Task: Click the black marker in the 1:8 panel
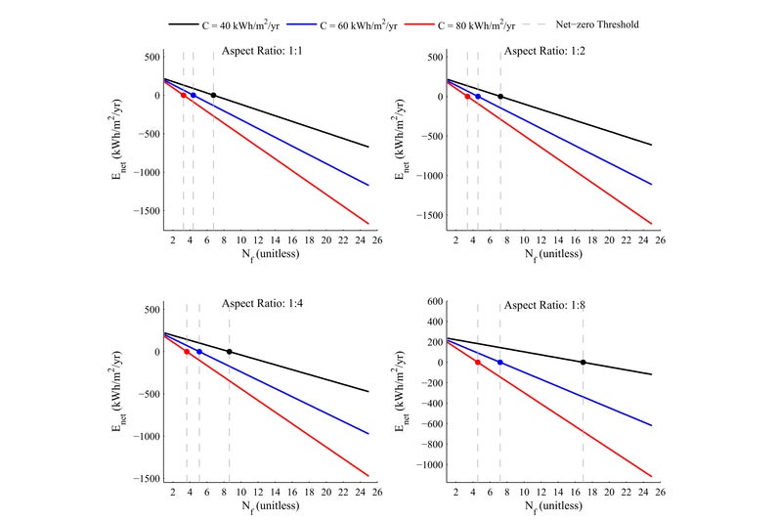[x=584, y=363]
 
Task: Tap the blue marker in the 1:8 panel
[x=500, y=363]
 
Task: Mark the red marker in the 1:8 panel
[x=477, y=363]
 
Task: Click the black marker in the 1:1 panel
[x=213, y=96]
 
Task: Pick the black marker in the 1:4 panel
[x=230, y=352]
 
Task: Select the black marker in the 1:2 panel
[x=500, y=97]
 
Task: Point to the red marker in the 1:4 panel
[x=187, y=352]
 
